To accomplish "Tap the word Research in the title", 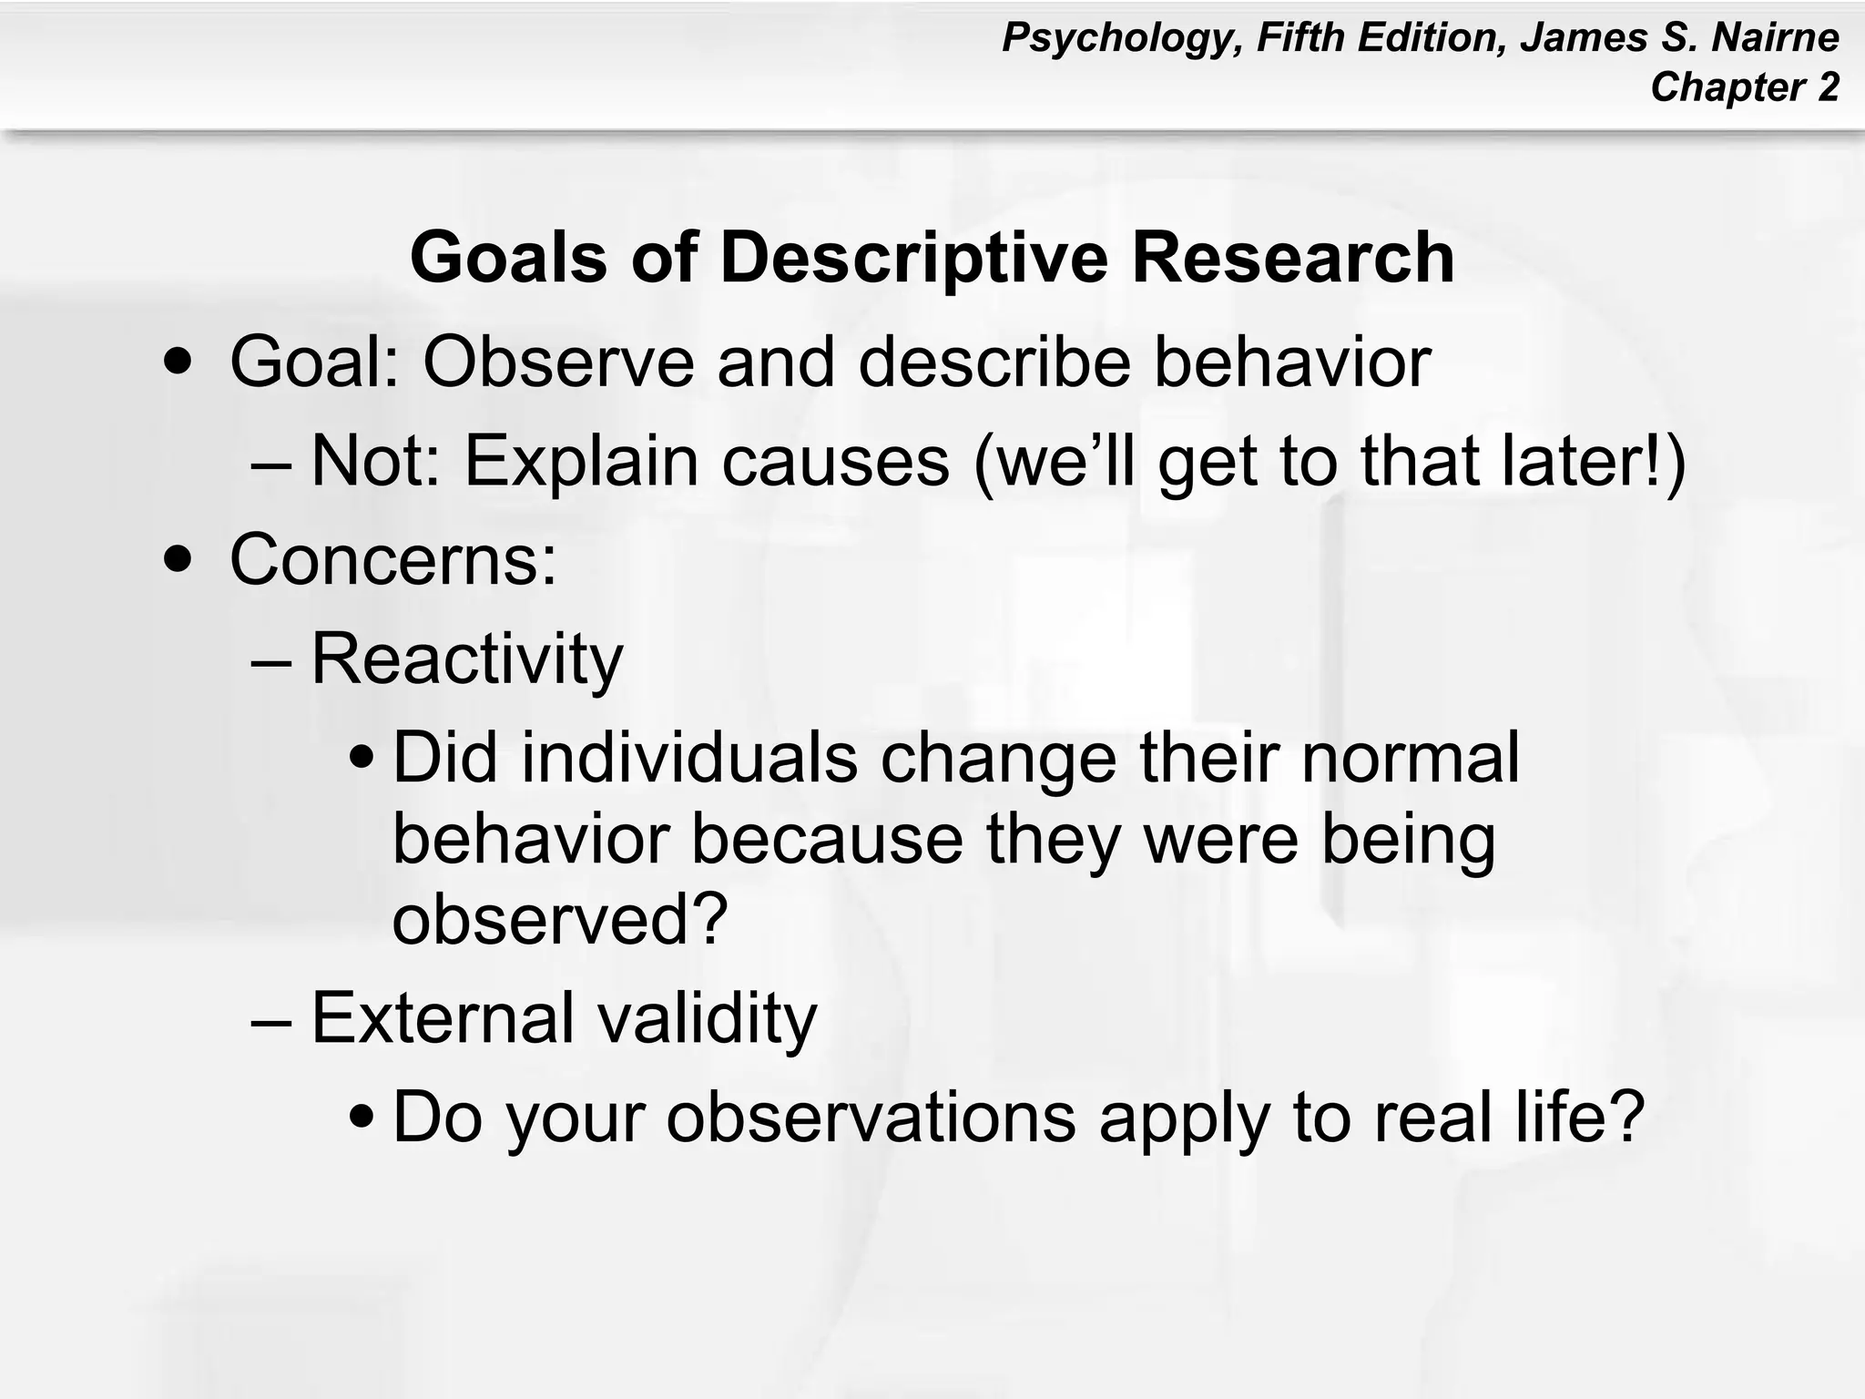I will point(1292,259).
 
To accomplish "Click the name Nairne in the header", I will point(1775,38).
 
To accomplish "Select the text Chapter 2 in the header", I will point(1744,87).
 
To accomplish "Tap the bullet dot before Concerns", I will point(178,558).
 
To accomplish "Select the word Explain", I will point(582,461).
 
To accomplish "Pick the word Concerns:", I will point(392,558).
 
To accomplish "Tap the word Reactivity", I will point(466,659).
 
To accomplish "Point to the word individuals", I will point(688,758).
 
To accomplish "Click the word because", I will point(827,839).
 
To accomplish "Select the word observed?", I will point(560,920).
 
